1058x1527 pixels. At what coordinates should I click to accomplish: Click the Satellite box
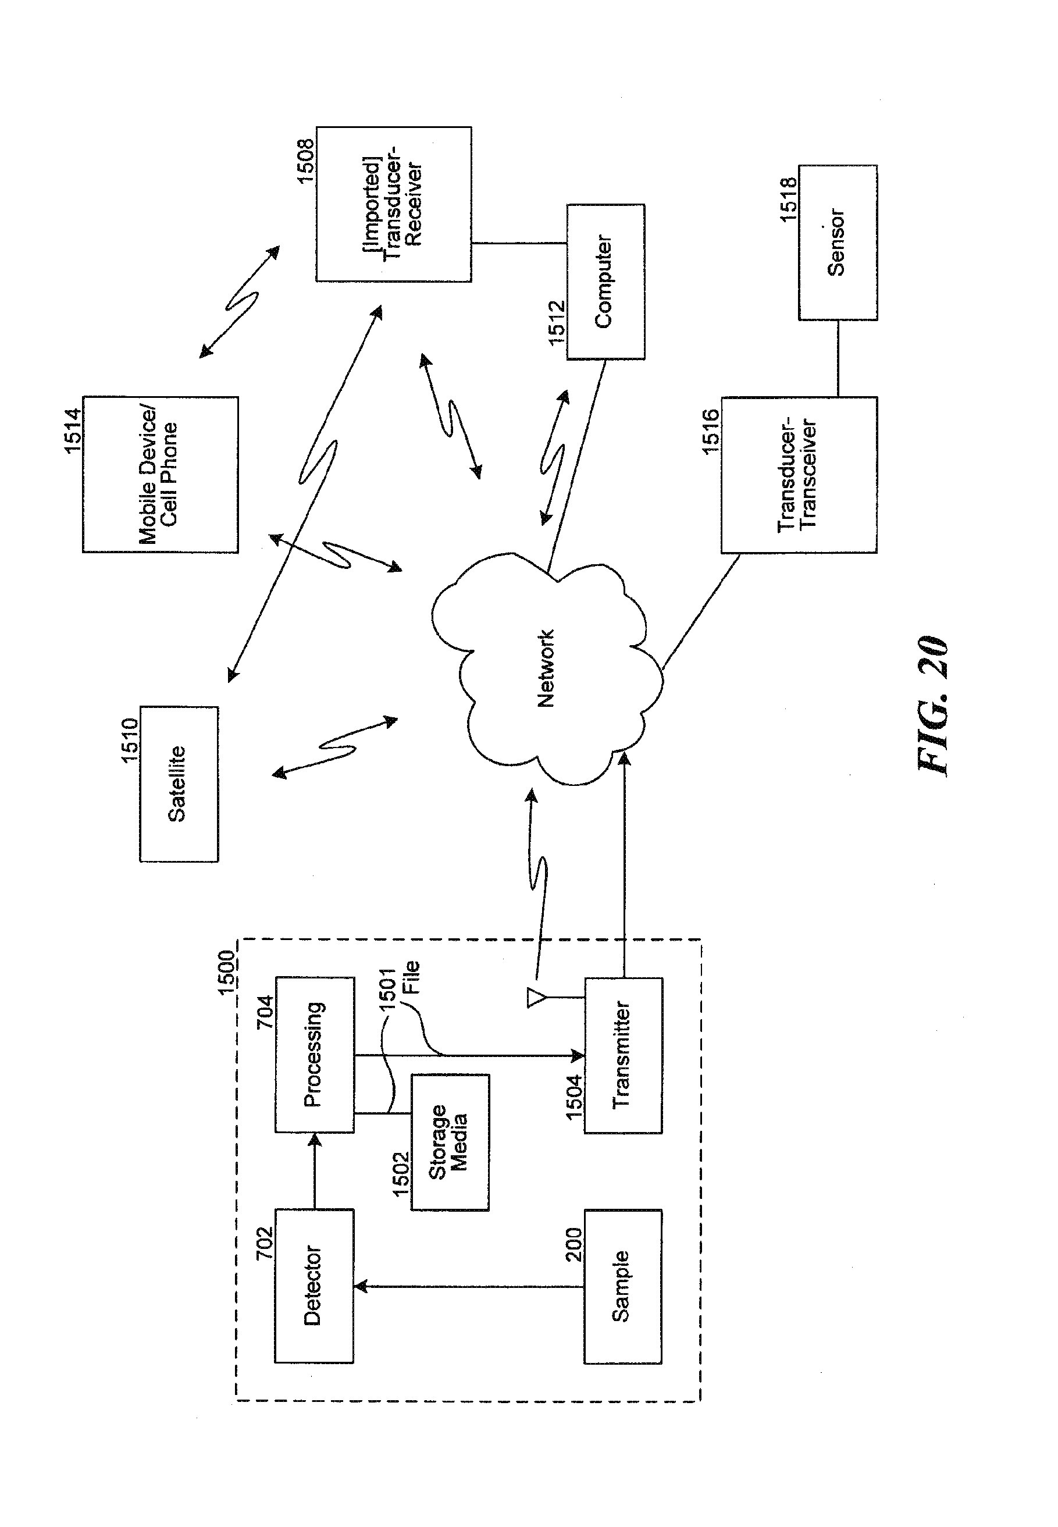pyautogui.click(x=179, y=784)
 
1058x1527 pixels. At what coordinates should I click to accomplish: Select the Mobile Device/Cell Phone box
pyautogui.click(x=161, y=475)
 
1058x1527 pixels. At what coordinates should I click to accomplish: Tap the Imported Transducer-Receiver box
pyautogui.click(x=394, y=204)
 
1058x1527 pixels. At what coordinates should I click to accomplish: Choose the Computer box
pyautogui.click(x=605, y=282)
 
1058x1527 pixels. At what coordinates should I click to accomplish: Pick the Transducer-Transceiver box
pyautogui.click(x=799, y=475)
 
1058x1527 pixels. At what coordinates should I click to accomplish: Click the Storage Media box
pyautogui.click(x=450, y=1142)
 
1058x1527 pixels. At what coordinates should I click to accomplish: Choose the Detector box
pyautogui.click(x=314, y=1286)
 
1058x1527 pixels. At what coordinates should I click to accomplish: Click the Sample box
pyautogui.click(x=622, y=1286)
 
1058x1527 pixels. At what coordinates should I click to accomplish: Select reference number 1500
pyautogui.click(x=227, y=972)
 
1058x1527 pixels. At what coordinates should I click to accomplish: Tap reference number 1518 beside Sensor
pyautogui.click(x=788, y=199)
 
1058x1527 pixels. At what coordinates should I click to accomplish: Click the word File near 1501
pyautogui.click(x=411, y=977)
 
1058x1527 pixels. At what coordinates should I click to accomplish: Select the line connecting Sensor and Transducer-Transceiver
pyautogui.click(x=838, y=359)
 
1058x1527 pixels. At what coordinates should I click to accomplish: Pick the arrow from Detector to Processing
pyautogui.click(x=315, y=1170)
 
